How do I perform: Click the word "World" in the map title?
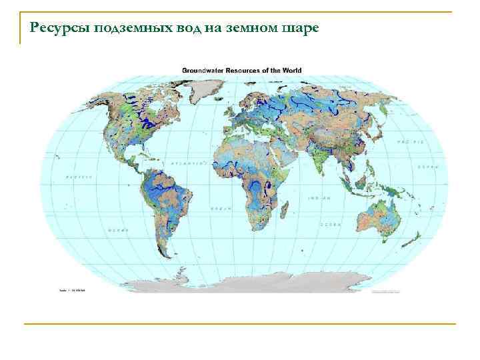[291, 70]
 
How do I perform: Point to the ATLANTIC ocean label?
[189, 163]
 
